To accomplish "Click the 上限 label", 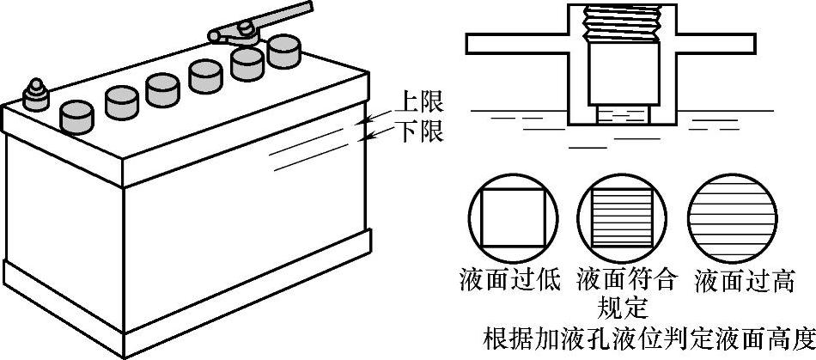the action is [x=419, y=102].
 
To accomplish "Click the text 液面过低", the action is [x=508, y=281].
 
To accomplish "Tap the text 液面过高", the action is [x=745, y=281].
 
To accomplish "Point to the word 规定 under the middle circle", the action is [x=625, y=307].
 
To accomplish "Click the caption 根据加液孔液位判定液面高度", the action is [x=648, y=336].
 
